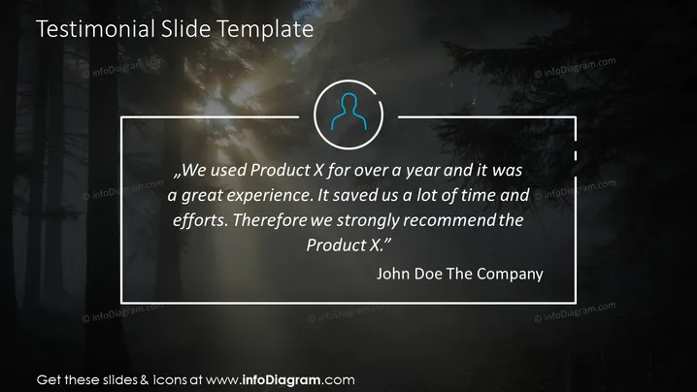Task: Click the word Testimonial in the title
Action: coord(95,29)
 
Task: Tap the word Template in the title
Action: coord(265,30)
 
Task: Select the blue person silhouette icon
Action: coord(348,112)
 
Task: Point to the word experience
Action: coord(264,196)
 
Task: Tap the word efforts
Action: coord(201,220)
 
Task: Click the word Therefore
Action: coord(270,220)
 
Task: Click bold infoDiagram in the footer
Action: coord(281,380)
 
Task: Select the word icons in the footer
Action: coord(170,380)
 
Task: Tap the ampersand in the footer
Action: coord(145,380)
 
